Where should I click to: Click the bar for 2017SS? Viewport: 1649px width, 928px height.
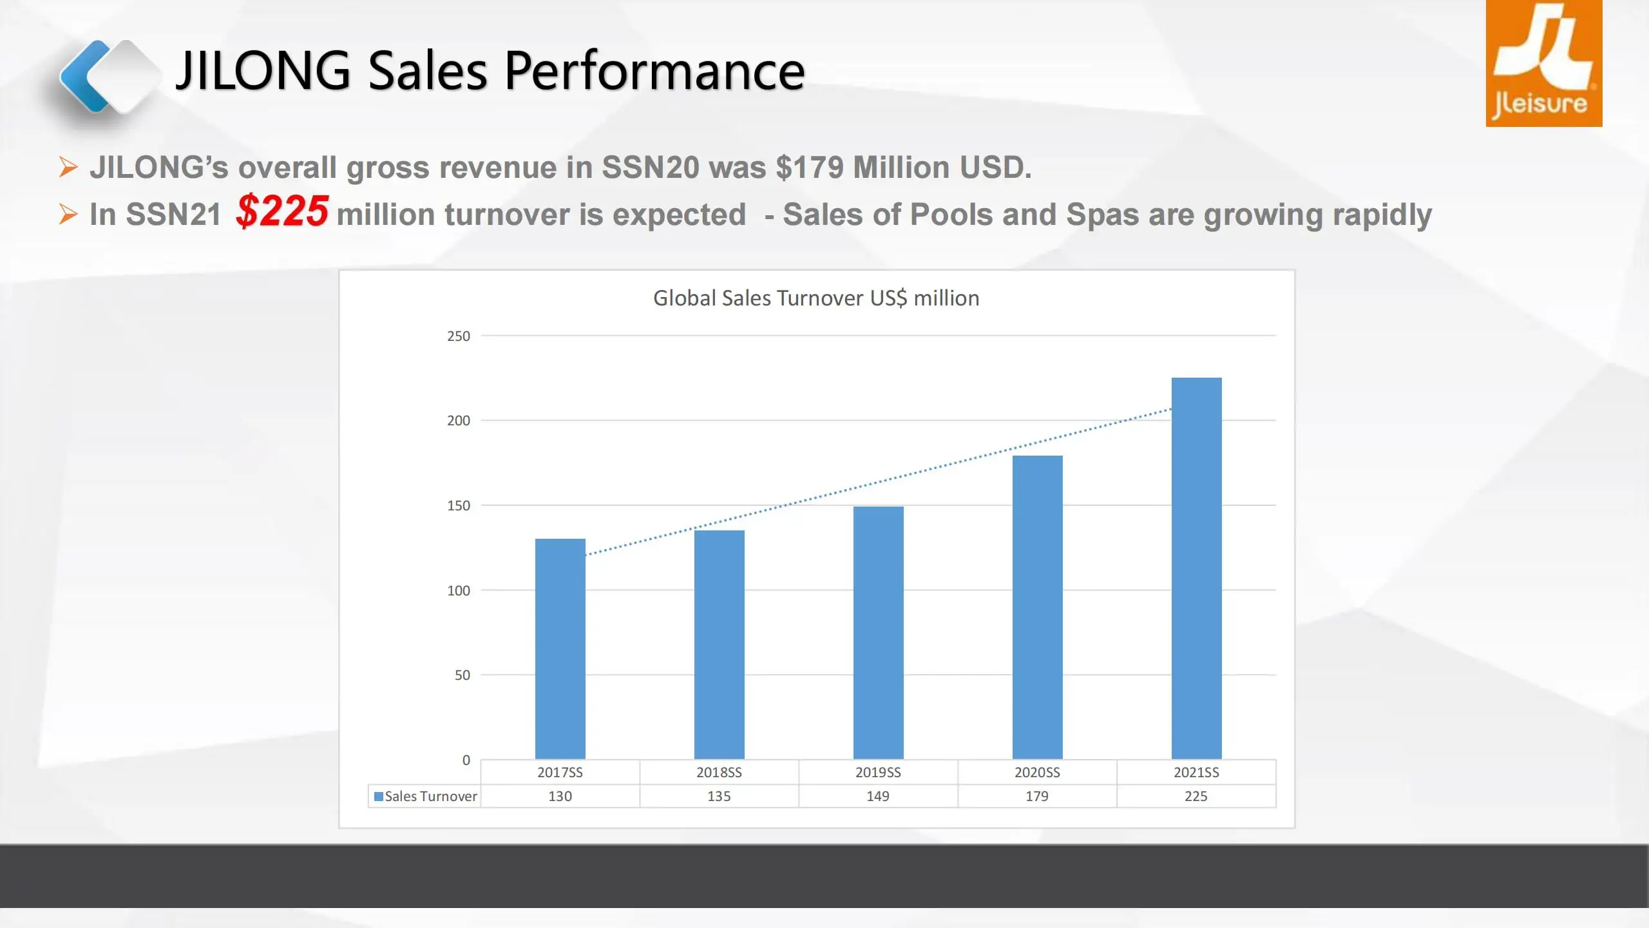point(560,648)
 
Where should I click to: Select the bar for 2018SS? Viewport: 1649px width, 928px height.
point(719,644)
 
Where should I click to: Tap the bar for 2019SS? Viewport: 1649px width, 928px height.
point(878,632)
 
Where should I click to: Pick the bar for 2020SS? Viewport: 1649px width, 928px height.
point(1037,607)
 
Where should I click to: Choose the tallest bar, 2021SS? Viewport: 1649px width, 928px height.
point(1196,568)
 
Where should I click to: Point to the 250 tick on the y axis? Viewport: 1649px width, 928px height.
point(459,336)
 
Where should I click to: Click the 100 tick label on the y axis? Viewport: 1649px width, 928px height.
point(459,590)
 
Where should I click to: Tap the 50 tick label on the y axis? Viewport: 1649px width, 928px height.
point(462,675)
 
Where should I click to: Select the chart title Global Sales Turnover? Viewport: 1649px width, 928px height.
point(815,298)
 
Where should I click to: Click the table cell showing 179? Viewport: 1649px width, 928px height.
point(1037,796)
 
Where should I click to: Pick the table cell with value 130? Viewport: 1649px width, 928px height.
point(560,796)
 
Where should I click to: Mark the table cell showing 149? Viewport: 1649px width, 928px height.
point(878,796)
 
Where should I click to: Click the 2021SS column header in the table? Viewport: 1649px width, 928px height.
point(1196,772)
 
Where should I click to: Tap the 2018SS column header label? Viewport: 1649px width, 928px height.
point(719,772)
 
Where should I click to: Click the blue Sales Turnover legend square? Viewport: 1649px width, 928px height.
point(379,797)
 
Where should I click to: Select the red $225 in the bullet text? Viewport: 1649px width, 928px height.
point(282,211)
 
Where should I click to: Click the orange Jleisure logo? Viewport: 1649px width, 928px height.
point(1543,63)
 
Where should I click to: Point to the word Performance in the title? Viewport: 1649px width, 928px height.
point(654,71)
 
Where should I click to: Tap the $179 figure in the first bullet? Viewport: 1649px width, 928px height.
point(809,168)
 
